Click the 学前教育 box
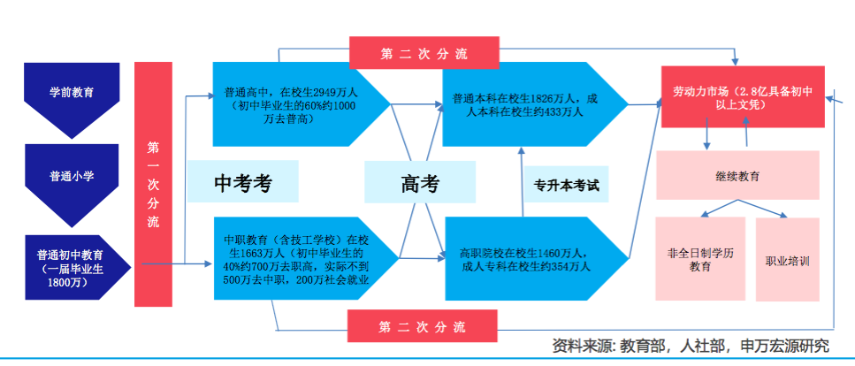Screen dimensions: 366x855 coord(71,91)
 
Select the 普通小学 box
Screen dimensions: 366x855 coord(71,176)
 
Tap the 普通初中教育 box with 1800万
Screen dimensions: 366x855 coord(71,263)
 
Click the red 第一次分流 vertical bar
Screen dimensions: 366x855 coord(153,185)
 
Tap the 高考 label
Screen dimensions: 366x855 coord(420,183)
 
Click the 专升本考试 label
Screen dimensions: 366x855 coord(566,186)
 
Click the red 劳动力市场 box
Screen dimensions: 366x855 coord(742,96)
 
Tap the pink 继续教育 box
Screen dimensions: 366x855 coord(737,175)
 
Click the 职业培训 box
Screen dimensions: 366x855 coord(787,260)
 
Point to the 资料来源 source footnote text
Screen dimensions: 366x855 coord(691,346)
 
